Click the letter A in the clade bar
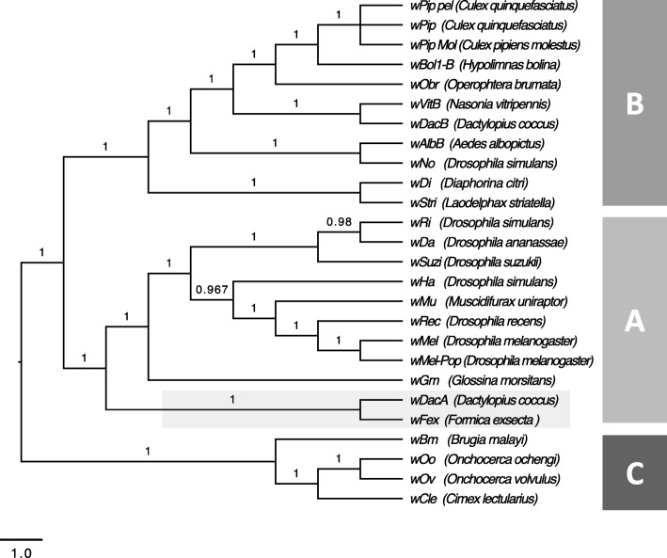pyautogui.click(x=635, y=322)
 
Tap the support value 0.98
pyautogui.click(x=340, y=221)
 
